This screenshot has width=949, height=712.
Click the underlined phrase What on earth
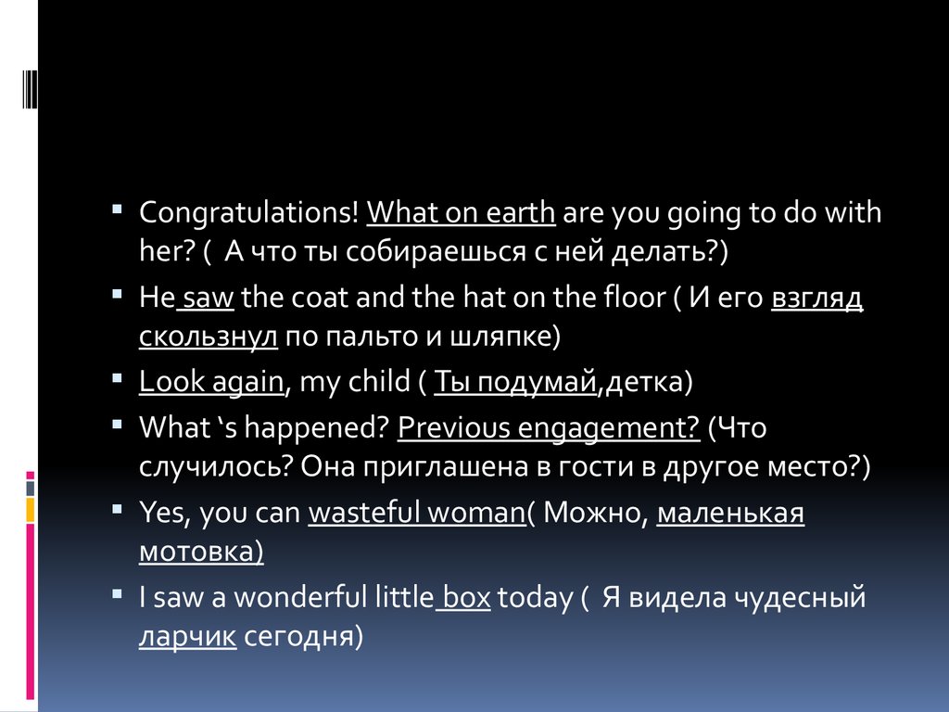point(462,212)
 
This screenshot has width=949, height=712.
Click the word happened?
point(316,428)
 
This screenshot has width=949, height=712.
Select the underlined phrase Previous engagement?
point(549,428)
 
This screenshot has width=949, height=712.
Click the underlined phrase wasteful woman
point(418,512)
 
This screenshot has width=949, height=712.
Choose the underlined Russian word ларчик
point(187,637)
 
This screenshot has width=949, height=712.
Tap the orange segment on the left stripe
point(31,510)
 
